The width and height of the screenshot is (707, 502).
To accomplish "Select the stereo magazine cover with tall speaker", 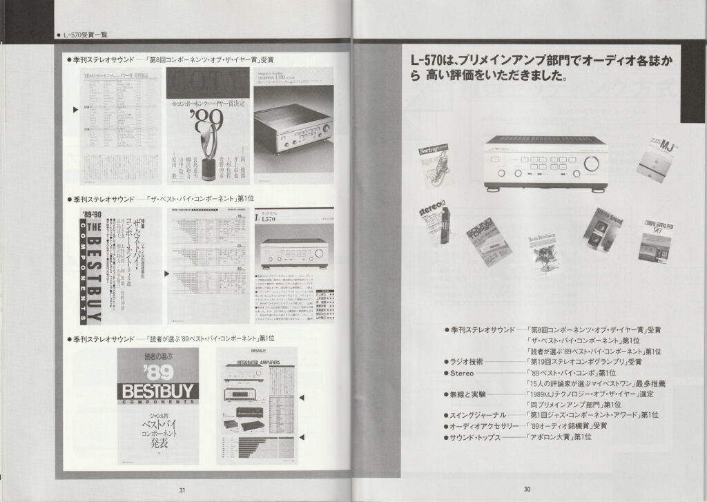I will coord(434,227).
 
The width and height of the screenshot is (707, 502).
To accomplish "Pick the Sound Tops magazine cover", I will coord(490,242).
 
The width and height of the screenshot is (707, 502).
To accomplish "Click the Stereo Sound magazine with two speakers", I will coord(603,229).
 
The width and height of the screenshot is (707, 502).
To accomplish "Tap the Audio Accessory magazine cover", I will coord(546,251).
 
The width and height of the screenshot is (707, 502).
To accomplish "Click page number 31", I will coord(182,490).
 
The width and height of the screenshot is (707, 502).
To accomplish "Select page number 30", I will coord(526,490).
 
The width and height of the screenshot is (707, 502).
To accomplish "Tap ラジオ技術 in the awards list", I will coord(468,361).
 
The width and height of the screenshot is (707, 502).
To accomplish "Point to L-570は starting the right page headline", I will coord(426,62).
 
